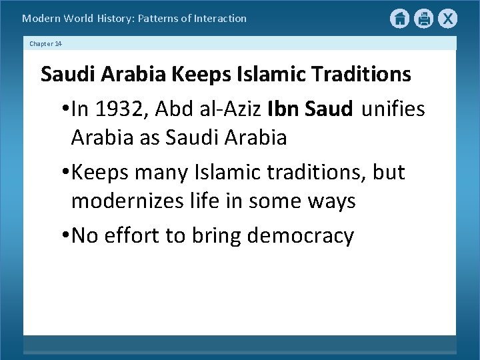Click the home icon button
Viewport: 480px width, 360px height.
point(399,19)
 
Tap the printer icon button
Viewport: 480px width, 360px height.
point(424,19)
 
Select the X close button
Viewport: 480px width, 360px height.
point(448,19)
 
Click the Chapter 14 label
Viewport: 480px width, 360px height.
point(46,43)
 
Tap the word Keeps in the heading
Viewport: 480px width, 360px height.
point(197,74)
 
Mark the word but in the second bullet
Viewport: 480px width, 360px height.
point(390,172)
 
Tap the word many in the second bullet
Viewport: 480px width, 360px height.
point(168,172)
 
